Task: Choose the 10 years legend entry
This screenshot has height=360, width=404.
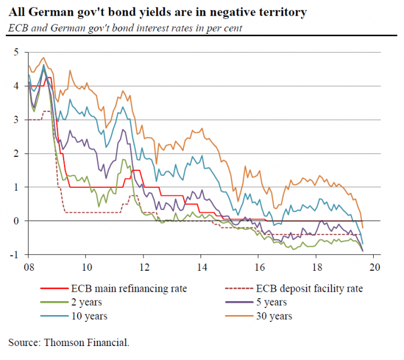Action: click(x=90, y=316)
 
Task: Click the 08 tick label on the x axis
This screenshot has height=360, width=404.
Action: click(x=28, y=267)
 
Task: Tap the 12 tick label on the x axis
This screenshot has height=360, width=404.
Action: click(x=143, y=267)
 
